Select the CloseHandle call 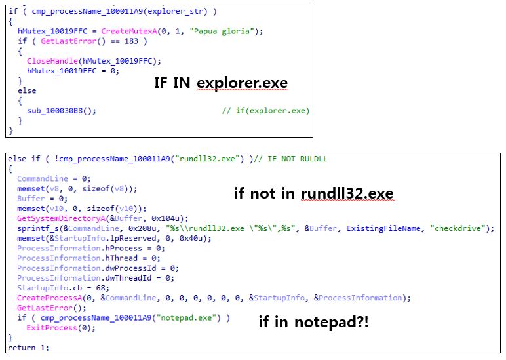point(52,61)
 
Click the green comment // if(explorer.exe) point(265,110)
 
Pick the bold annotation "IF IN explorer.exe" point(220,83)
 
